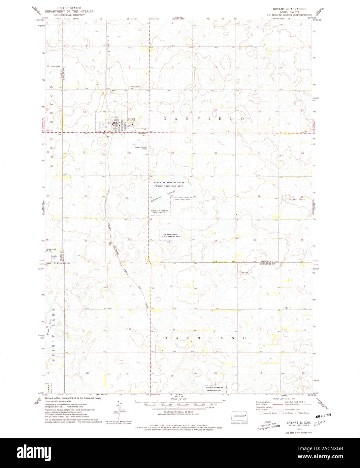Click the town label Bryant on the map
coord(131,119)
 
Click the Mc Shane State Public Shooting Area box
coord(170,234)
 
